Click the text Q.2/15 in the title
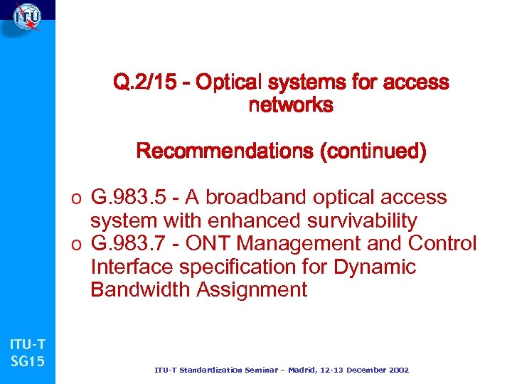[x=151, y=83]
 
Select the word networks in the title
[x=290, y=106]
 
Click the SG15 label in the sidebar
[x=28, y=361]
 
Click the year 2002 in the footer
[x=395, y=370]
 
